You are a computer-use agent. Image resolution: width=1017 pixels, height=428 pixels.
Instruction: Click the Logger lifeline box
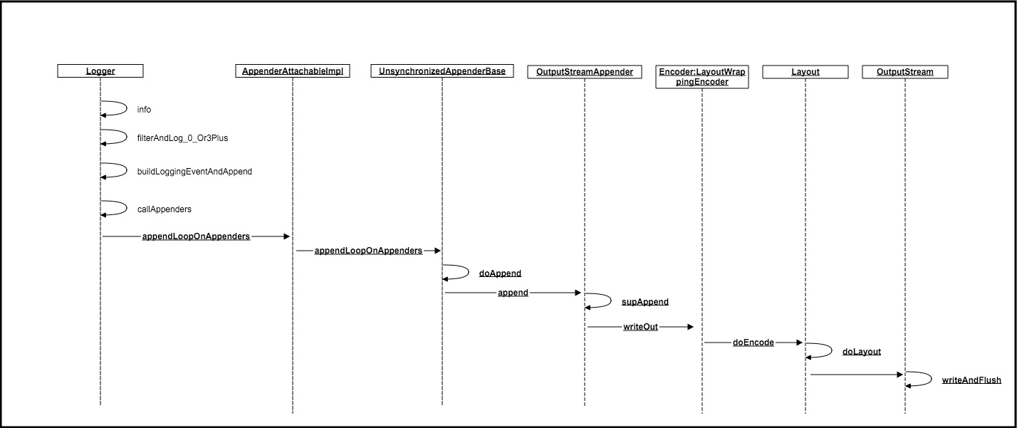tap(100, 71)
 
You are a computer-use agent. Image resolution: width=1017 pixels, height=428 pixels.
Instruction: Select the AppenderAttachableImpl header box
tap(293, 71)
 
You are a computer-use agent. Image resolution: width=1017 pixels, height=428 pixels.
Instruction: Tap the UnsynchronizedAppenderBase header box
tap(442, 71)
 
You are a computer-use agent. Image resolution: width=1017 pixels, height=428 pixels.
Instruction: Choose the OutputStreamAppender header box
tap(584, 72)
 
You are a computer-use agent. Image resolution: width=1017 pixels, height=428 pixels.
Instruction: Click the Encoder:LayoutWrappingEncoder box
tap(702, 77)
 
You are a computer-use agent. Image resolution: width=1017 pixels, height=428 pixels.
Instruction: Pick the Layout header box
tap(805, 72)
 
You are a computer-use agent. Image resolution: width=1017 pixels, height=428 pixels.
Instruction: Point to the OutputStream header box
tap(905, 72)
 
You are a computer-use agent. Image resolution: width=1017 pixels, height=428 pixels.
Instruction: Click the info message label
tap(144, 110)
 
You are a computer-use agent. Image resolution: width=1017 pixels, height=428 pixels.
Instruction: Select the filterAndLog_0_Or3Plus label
tap(182, 138)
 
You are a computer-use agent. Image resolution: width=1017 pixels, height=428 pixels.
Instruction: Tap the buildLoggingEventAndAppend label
tap(194, 172)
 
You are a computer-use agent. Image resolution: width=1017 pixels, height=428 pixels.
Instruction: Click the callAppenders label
tap(165, 209)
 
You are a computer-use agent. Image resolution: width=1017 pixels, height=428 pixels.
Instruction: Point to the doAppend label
tap(500, 273)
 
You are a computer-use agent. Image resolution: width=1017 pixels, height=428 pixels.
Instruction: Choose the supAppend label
tap(645, 302)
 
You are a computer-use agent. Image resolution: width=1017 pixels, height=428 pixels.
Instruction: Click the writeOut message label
tap(640, 327)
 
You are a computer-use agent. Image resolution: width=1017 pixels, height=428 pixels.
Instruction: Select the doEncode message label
tap(753, 343)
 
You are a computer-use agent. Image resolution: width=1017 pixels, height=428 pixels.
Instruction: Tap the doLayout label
tap(861, 352)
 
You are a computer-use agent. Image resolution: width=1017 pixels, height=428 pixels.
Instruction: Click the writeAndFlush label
tap(971, 380)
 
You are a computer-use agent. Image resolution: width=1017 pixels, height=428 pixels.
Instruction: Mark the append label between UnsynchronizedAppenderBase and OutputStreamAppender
tap(513, 293)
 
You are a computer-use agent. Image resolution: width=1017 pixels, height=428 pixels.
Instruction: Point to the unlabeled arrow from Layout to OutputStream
tap(856, 375)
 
